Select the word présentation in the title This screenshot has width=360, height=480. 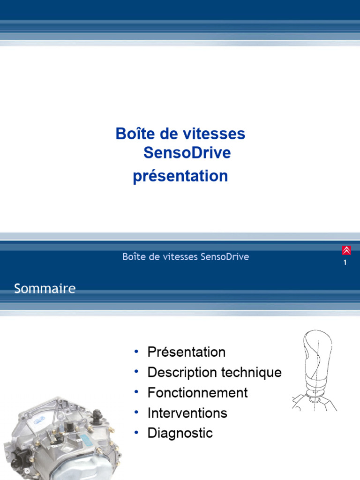click(180, 177)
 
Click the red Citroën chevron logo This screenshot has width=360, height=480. click(346, 250)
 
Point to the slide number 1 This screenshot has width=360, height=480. click(345, 263)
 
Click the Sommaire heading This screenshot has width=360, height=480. click(45, 288)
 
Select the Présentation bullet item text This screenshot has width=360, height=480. click(186, 352)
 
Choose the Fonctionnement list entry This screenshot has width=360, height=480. click(197, 393)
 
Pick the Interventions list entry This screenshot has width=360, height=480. click(187, 413)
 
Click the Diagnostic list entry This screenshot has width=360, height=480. click(180, 433)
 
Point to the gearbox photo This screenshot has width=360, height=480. click(61, 438)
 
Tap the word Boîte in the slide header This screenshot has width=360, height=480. click(132, 257)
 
